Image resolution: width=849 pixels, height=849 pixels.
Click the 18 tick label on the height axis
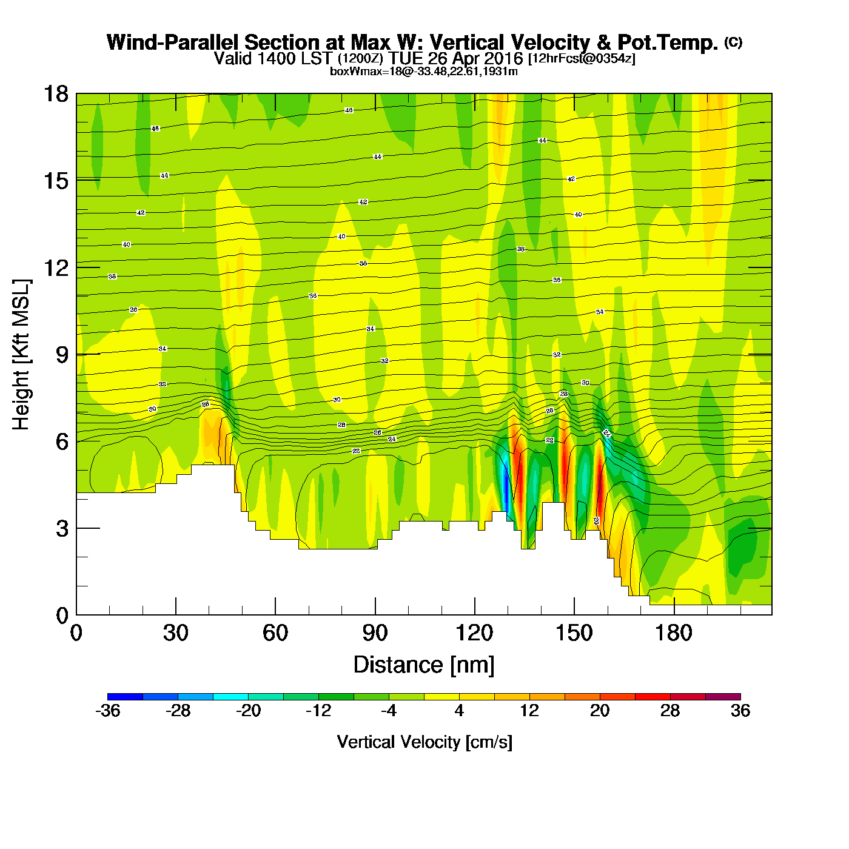click(56, 94)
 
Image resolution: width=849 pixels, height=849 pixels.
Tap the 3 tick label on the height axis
click(62, 529)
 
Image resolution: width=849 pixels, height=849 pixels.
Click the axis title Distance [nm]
click(424, 665)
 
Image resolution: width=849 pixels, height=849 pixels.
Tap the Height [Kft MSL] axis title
click(21, 355)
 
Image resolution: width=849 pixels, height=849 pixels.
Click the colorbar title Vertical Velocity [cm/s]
click(424, 742)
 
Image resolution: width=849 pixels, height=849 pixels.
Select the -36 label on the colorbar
click(108, 711)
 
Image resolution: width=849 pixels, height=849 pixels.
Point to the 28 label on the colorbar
click(670, 711)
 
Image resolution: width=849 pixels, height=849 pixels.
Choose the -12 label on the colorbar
click(318, 711)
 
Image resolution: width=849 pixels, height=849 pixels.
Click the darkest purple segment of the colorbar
click(723, 697)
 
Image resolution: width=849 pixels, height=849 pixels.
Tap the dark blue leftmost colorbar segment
click(125, 697)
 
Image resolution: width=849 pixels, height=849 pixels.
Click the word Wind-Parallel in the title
click(173, 42)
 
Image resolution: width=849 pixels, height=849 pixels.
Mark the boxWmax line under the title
click(424, 72)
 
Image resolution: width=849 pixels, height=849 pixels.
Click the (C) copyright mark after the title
click(733, 42)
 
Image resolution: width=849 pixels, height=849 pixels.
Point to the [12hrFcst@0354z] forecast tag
click(582, 59)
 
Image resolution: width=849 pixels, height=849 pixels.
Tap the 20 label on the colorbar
click(600, 711)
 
